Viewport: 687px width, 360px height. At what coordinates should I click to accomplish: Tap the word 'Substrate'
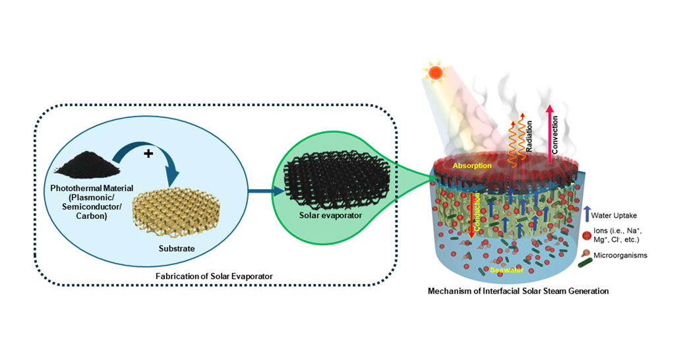[x=174, y=249]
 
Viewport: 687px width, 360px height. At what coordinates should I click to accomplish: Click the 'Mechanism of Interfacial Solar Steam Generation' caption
[x=518, y=290]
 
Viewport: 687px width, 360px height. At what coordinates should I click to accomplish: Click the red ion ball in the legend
[x=587, y=234]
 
